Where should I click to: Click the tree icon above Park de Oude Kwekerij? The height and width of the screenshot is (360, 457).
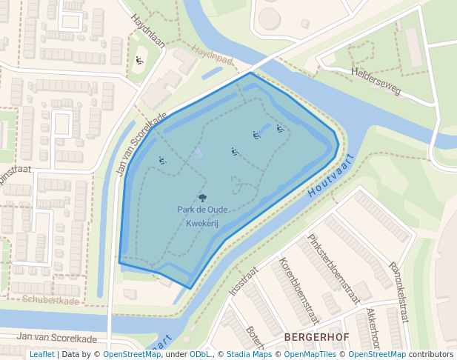202,198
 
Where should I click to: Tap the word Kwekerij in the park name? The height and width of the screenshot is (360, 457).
203,223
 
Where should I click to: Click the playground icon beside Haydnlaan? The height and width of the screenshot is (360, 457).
139,61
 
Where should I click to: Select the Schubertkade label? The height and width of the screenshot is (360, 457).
50,300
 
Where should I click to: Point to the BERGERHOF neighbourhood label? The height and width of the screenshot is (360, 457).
317,337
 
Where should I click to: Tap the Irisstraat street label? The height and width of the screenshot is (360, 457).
242,282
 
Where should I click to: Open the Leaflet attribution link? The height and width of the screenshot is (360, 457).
41,354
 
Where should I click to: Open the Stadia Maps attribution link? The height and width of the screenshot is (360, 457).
249,354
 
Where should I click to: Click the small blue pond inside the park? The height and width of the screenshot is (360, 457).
199,153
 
